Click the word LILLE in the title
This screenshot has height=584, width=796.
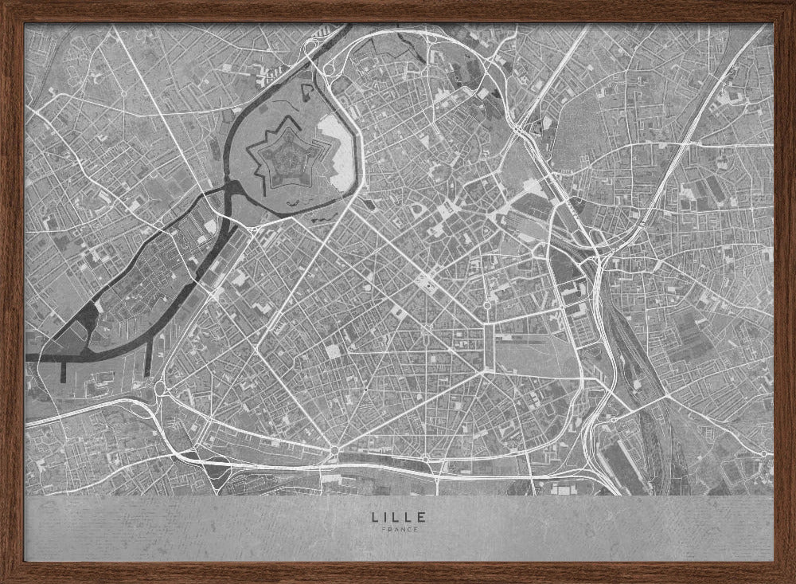398,516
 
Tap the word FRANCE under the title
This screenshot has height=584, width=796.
398,529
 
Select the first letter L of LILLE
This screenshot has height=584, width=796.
375,516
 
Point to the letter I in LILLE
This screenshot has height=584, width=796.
386,516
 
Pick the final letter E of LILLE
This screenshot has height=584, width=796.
421,516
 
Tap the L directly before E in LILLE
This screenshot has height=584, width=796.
409,516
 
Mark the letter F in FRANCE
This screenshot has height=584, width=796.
384,529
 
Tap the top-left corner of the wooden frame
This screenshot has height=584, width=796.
3,3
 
